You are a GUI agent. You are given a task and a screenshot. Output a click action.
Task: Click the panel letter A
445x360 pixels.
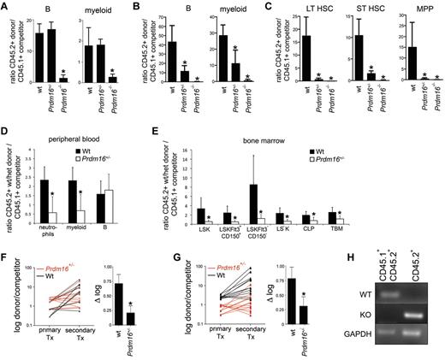click(x=6, y=7)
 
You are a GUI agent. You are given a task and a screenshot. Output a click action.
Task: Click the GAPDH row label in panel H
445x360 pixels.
click(x=370, y=336)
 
